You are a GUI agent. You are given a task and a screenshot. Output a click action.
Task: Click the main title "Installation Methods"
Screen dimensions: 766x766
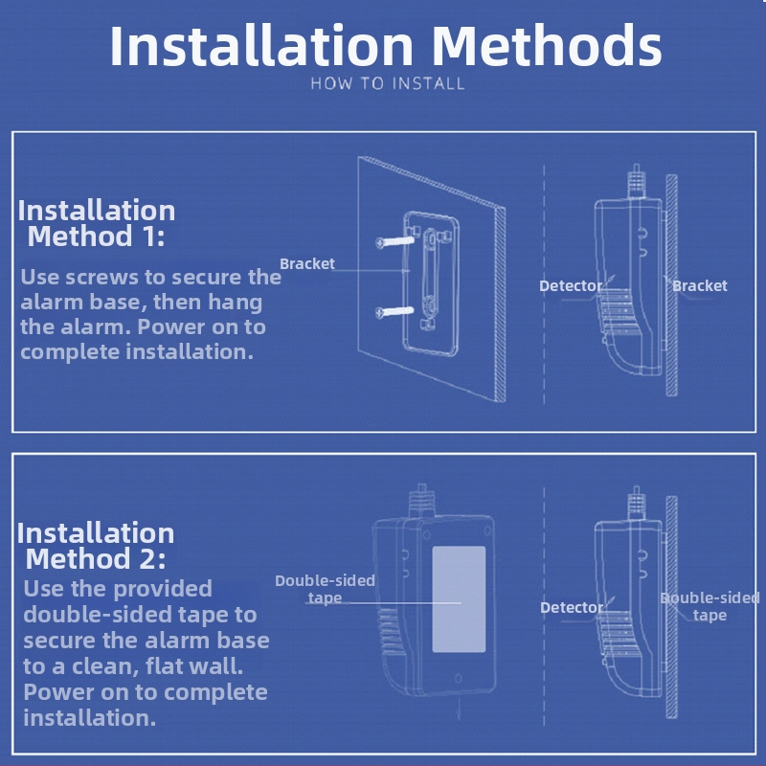click(386, 45)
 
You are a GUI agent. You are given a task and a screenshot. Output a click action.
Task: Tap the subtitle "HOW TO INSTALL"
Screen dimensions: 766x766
click(388, 83)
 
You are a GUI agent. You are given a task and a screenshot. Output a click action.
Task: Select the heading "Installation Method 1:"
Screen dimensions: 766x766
click(97, 223)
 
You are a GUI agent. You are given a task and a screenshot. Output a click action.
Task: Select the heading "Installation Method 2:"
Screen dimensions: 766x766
click(95, 545)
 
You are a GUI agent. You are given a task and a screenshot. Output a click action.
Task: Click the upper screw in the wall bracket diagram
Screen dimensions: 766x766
click(395, 241)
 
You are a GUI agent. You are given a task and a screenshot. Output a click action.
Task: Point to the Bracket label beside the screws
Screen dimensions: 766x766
click(307, 264)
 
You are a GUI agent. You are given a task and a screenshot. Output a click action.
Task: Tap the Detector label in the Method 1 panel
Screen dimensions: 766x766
click(571, 285)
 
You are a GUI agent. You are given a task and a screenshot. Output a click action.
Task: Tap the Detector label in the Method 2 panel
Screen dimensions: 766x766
click(572, 607)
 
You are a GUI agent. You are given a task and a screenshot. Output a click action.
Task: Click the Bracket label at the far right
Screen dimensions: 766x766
click(700, 285)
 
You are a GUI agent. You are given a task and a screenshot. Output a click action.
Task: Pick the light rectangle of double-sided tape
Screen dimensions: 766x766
click(459, 599)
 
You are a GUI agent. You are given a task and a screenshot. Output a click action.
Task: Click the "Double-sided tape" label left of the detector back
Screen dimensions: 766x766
click(325, 589)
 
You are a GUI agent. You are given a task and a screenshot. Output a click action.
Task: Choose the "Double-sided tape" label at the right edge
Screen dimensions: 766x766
click(710, 606)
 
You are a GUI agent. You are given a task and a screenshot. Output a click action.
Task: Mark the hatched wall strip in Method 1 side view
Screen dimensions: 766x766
click(672, 285)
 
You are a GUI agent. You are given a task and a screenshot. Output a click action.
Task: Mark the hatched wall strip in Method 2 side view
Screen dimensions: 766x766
click(672, 607)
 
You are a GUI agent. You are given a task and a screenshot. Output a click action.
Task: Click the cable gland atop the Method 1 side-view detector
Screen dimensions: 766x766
click(636, 182)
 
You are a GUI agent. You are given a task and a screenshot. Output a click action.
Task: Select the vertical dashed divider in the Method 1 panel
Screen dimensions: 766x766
click(544, 284)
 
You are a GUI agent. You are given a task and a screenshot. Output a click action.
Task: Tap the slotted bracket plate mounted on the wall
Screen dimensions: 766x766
click(431, 282)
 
